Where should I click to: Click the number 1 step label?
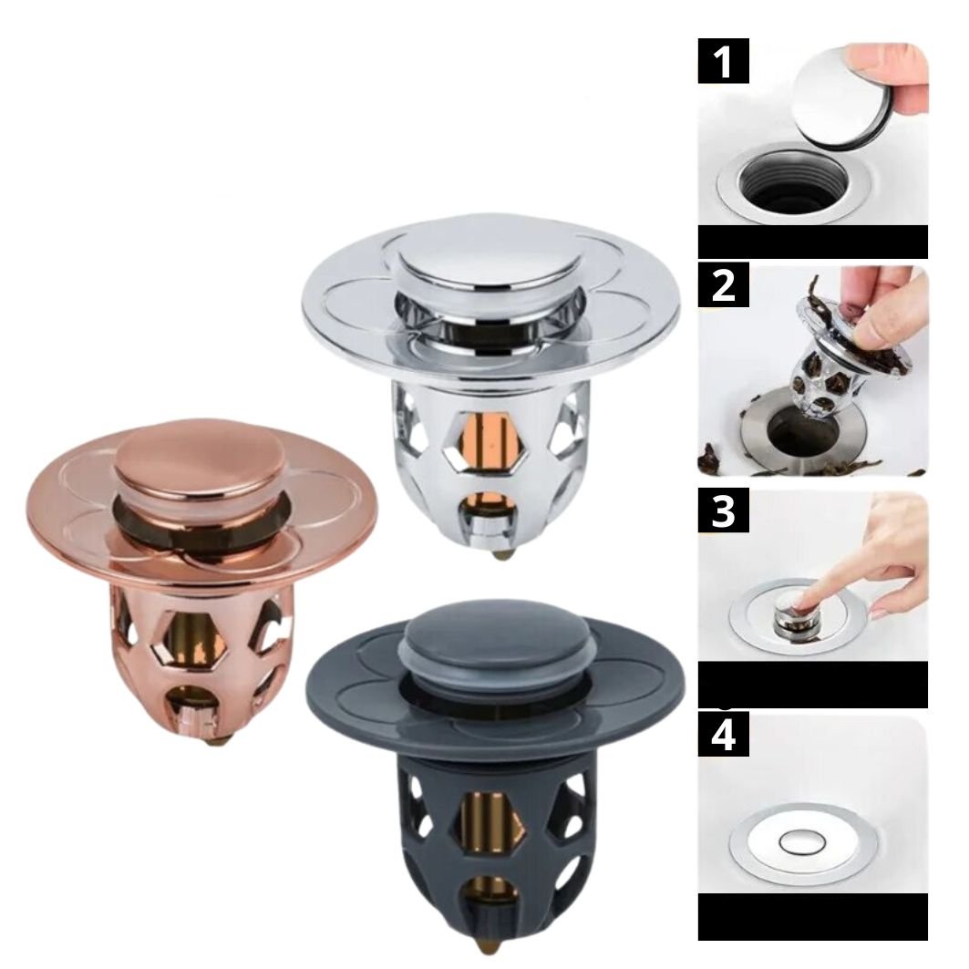pyautogui.click(x=723, y=60)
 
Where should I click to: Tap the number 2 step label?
pyautogui.click(x=723, y=284)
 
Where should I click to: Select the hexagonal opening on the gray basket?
pyautogui.click(x=491, y=823)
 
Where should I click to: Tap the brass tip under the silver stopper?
pyautogui.click(x=501, y=552)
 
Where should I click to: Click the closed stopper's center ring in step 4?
pyautogui.click(x=803, y=841)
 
